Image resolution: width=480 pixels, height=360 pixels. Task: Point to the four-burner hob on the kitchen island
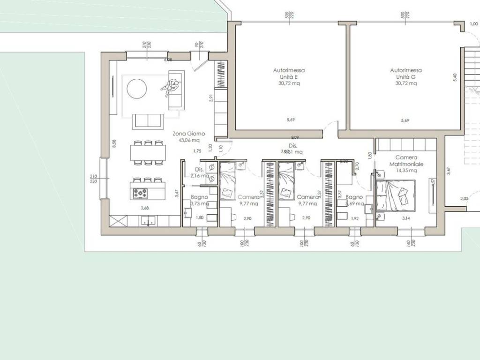(140, 192)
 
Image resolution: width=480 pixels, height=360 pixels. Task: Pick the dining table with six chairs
(148, 153)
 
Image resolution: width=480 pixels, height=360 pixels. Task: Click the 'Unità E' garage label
(289, 77)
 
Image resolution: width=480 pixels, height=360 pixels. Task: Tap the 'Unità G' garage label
(406, 77)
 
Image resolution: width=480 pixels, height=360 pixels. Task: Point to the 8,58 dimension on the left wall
(114, 143)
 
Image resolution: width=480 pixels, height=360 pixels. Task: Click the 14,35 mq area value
(406, 171)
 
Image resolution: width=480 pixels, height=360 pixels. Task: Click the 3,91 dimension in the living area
(211, 98)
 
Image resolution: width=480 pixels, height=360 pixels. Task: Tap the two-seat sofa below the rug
(148, 120)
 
